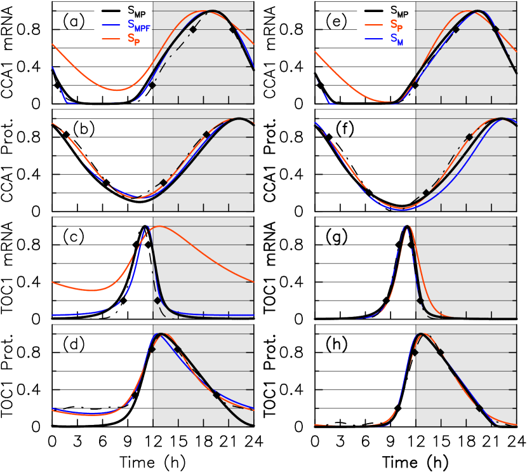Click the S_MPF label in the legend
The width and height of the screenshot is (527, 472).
(139, 25)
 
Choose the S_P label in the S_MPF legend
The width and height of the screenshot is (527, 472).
(134, 39)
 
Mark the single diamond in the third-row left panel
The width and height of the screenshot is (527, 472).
(157, 300)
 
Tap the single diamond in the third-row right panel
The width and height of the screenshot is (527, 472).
(420, 300)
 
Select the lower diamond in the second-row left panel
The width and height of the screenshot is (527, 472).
(163, 182)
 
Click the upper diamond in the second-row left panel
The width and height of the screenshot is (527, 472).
(206, 134)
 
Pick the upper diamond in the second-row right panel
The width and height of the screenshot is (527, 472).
(469, 137)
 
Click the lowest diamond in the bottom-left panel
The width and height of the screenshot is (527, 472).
(217, 394)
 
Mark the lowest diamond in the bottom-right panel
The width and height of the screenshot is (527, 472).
(479, 408)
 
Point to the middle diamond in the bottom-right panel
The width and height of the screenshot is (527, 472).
(440, 352)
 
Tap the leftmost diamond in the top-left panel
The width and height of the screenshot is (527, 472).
(152, 85)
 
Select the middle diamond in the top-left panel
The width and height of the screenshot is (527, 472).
(193, 29)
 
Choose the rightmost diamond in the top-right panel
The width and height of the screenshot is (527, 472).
(495, 29)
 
